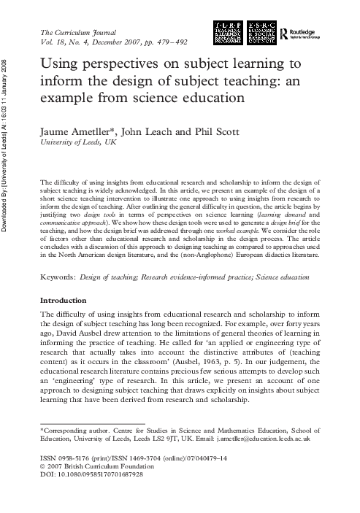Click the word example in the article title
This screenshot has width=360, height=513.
click(67, 98)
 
